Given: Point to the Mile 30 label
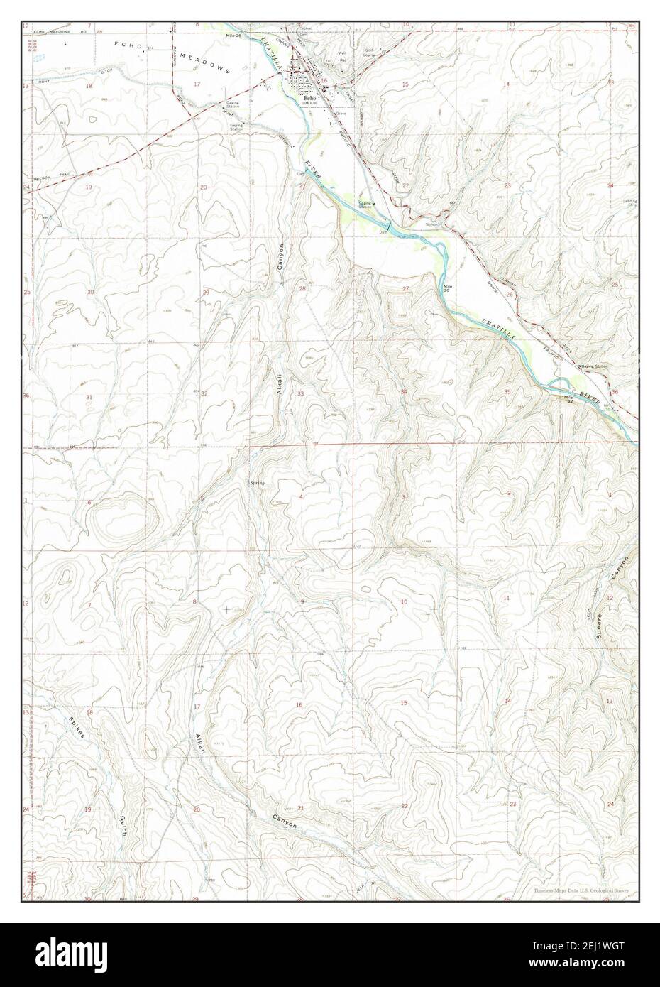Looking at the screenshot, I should (x=447, y=289).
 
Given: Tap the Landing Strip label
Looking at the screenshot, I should (x=627, y=203).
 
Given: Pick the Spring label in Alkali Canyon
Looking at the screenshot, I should (x=257, y=483).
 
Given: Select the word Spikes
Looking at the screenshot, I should (x=76, y=726).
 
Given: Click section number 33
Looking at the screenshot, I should (x=301, y=393).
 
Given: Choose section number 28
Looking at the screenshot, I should (x=302, y=289).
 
